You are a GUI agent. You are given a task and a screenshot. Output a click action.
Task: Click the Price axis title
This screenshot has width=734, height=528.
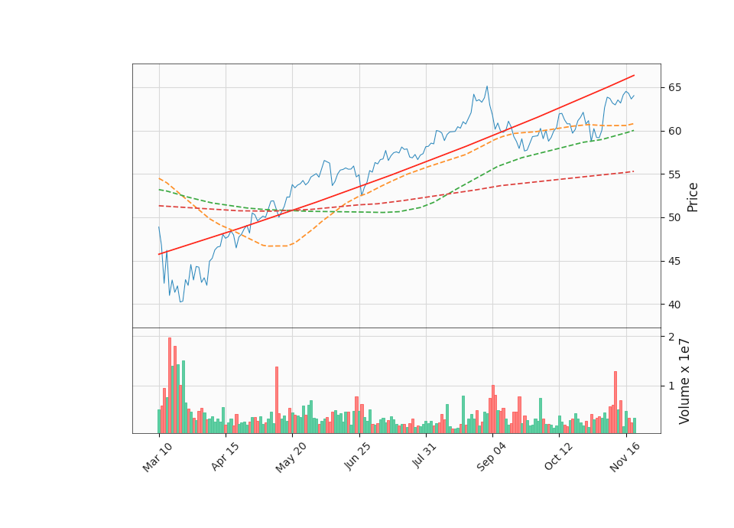pyautogui.click(x=693, y=197)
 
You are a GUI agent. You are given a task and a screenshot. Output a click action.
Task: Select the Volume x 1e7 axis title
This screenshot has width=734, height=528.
pyautogui.click(x=685, y=381)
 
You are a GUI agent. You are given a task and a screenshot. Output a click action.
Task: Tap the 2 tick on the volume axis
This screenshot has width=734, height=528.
pyautogui.click(x=671, y=337)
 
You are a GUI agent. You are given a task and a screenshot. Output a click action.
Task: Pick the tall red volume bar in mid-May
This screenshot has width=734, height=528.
pyautogui.click(x=277, y=399)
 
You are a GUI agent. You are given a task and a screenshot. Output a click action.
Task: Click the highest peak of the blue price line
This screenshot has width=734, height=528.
pyautogui.click(x=487, y=86)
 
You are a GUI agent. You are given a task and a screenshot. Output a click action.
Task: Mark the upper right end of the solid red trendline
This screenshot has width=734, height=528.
pyautogui.click(x=634, y=76)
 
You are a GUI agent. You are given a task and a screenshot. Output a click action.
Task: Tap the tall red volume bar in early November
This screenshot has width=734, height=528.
pyautogui.click(x=615, y=402)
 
